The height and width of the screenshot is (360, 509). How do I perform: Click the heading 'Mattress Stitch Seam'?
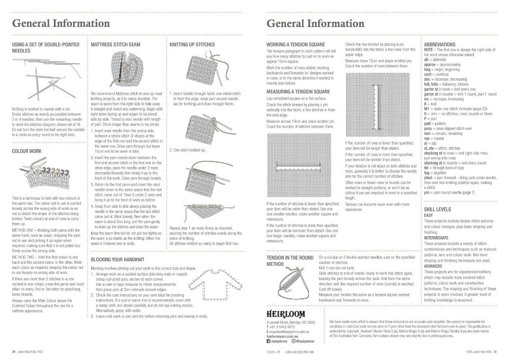click(x=115, y=45)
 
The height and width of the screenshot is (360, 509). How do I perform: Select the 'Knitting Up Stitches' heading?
click(x=192, y=45)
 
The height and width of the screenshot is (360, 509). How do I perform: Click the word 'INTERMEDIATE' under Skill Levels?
click(x=436, y=237)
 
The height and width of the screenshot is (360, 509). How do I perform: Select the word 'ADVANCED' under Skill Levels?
click(x=433, y=265)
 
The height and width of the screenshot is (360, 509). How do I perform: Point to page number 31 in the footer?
click(x=494, y=351)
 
